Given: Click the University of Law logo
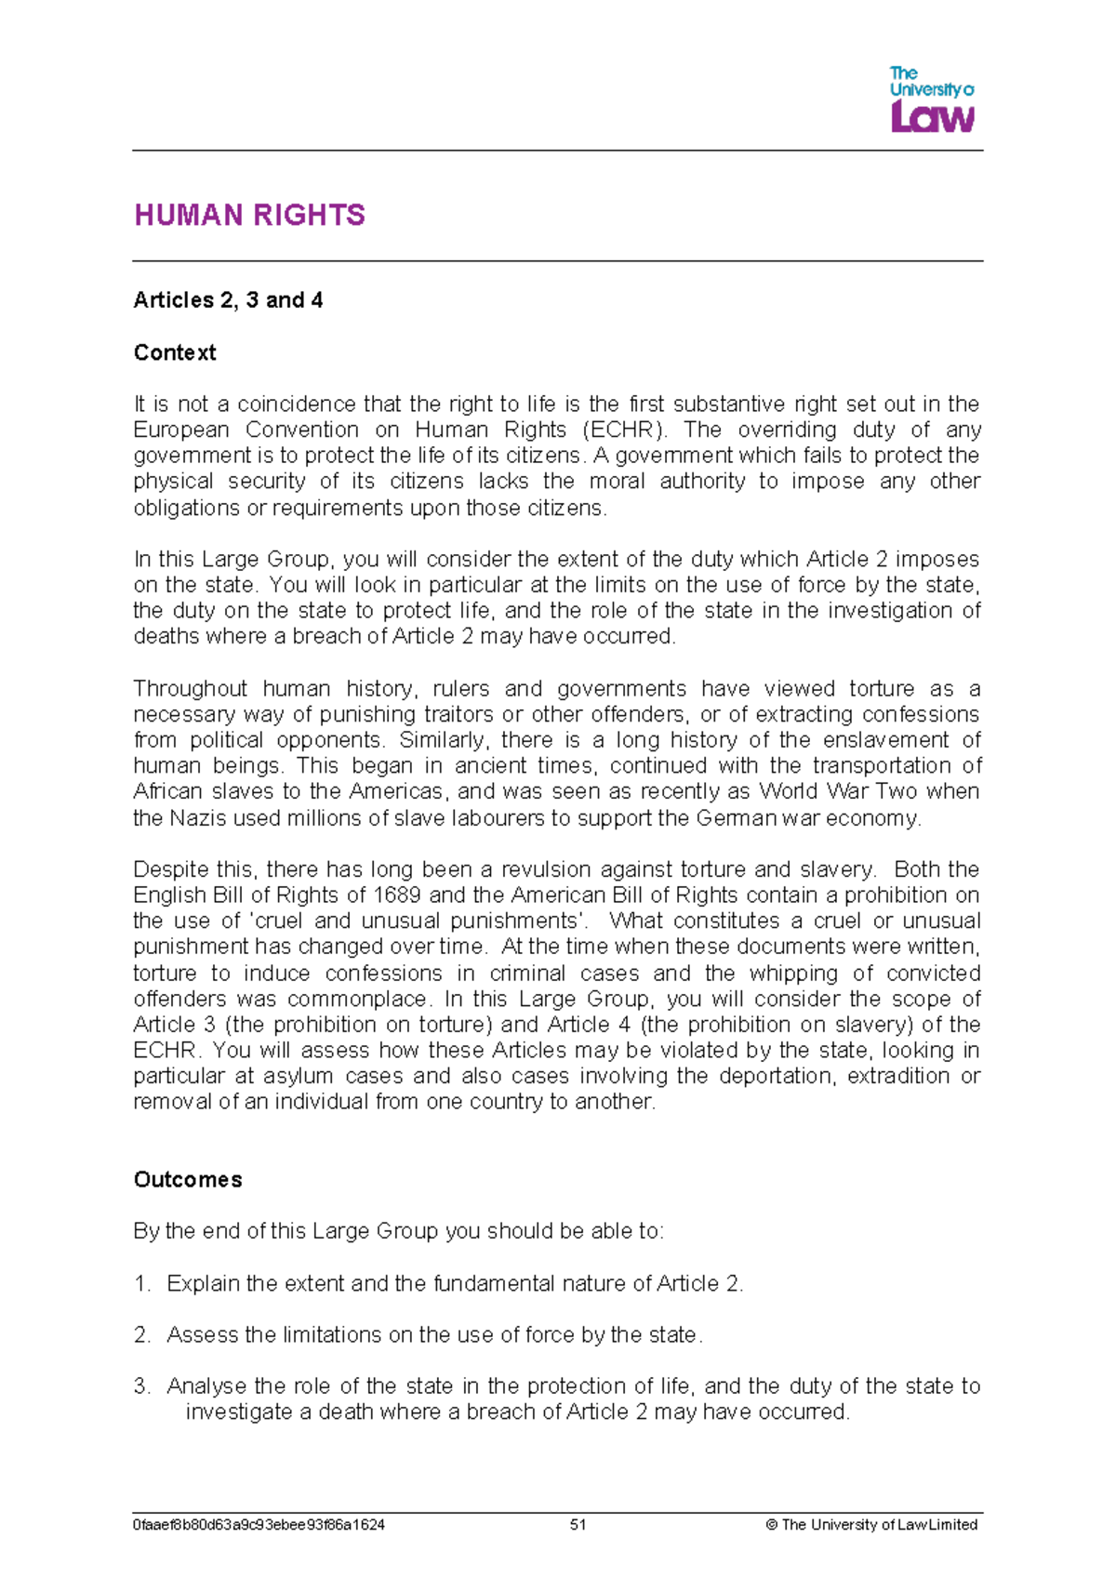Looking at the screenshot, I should pyautogui.click(x=931, y=99).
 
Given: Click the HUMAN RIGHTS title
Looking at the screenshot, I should pyautogui.click(x=249, y=216).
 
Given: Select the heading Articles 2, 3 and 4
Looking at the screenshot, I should pyautogui.click(x=228, y=300).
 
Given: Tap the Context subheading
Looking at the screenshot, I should pyautogui.click(x=175, y=352).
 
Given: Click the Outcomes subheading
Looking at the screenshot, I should pyautogui.click(x=188, y=1179).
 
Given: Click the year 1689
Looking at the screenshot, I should pyautogui.click(x=397, y=895).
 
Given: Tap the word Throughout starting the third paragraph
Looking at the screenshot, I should pyautogui.click(x=190, y=689).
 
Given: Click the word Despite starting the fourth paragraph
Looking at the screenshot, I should pyautogui.click(x=171, y=869).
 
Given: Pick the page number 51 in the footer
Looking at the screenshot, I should pyautogui.click(x=578, y=1525).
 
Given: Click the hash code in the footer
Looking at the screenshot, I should pyautogui.click(x=259, y=1525).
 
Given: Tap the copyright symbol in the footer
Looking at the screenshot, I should pyautogui.click(x=771, y=1525).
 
